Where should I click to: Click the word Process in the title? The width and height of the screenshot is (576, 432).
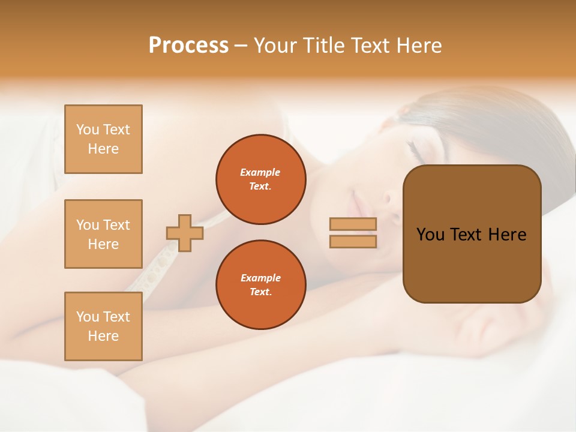pos(188,46)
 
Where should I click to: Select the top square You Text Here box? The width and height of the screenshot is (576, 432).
pos(103,139)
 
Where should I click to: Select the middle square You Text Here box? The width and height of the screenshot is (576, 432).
pos(103,234)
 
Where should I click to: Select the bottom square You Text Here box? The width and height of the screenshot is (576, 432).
pos(103,326)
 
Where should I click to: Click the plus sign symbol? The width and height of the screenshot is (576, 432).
pos(185,233)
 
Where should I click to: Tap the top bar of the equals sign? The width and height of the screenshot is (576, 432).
pos(353,224)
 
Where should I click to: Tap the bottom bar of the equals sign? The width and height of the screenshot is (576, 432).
pos(353,241)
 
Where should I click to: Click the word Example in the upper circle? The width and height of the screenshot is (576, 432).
pos(260,172)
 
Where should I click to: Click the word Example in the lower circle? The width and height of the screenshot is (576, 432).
pos(260,278)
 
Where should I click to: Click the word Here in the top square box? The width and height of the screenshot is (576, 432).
pos(103,149)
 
